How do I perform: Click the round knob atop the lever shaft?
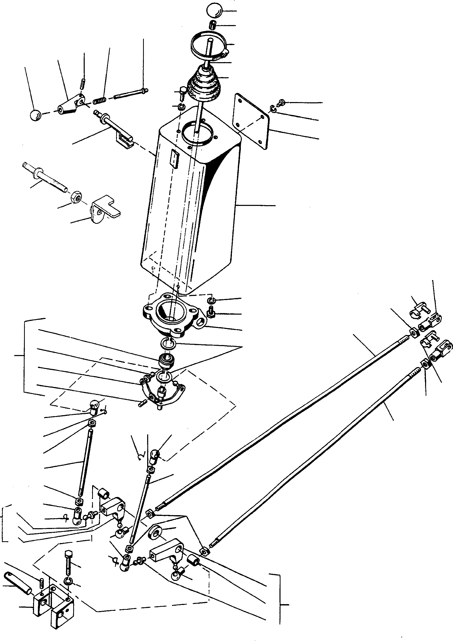point(214,10)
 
